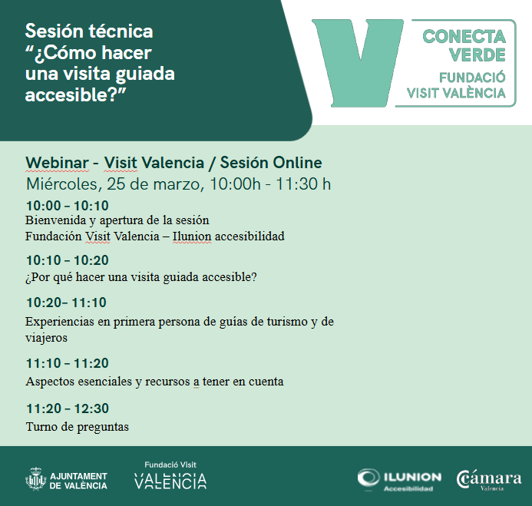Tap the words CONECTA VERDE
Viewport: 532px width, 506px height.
(x=464, y=45)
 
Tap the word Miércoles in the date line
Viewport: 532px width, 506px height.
(x=61, y=184)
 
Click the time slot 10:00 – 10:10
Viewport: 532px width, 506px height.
(x=67, y=205)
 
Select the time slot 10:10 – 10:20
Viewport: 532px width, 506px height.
(x=67, y=260)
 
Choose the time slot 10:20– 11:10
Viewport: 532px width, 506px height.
(x=66, y=303)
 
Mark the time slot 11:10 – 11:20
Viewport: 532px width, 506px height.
(x=67, y=363)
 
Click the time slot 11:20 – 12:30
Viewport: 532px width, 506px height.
(x=67, y=408)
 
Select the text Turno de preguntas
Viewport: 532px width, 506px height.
(x=77, y=426)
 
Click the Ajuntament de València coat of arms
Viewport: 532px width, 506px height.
(x=35, y=479)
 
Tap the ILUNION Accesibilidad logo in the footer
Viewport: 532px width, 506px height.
(x=399, y=479)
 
